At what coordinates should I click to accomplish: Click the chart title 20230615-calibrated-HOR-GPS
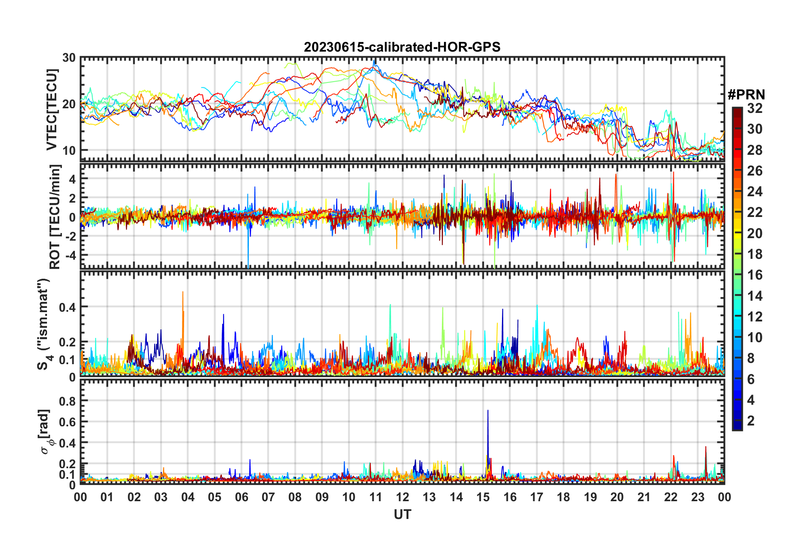pyautogui.click(x=402, y=47)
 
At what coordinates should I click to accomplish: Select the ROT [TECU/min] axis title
pyautogui.click(x=55, y=217)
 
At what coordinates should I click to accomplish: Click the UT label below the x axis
pyautogui.click(x=402, y=514)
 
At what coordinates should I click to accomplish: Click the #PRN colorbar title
pyautogui.click(x=746, y=95)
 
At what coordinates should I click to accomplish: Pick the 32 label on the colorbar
pyautogui.click(x=755, y=108)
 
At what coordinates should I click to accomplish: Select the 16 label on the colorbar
pyautogui.click(x=755, y=275)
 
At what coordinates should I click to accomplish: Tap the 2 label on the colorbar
pyautogui.click(x=751, y=421)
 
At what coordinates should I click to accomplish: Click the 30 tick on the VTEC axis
pyautogui.click(x=69, y=58)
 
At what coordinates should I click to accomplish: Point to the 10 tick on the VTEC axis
pyautogui.click(x=69, y=150)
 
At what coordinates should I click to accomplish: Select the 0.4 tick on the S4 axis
pyautogui.click(x=67, y=307)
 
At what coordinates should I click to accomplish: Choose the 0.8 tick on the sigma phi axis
pyautogui.click(x=67, y=401)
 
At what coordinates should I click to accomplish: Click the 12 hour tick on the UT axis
pyautogui.click(x=402, y=497)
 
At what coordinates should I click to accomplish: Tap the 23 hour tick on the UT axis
pyautogui.click(x=697, y=497)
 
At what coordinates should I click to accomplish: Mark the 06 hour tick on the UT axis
pyautogui.click(x=241, y=497)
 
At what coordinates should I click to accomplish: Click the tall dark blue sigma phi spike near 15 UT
pyautogui.click(x=488, y=411)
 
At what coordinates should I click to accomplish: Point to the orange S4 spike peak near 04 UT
pyautogui.click(x=183, y=292)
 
